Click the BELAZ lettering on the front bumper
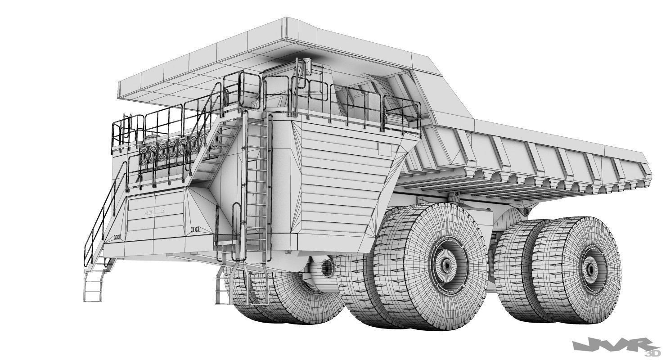(155, 211)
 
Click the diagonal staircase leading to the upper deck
(211, 153)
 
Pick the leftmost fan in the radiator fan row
(145, 156)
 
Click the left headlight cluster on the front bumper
(118, 237)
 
